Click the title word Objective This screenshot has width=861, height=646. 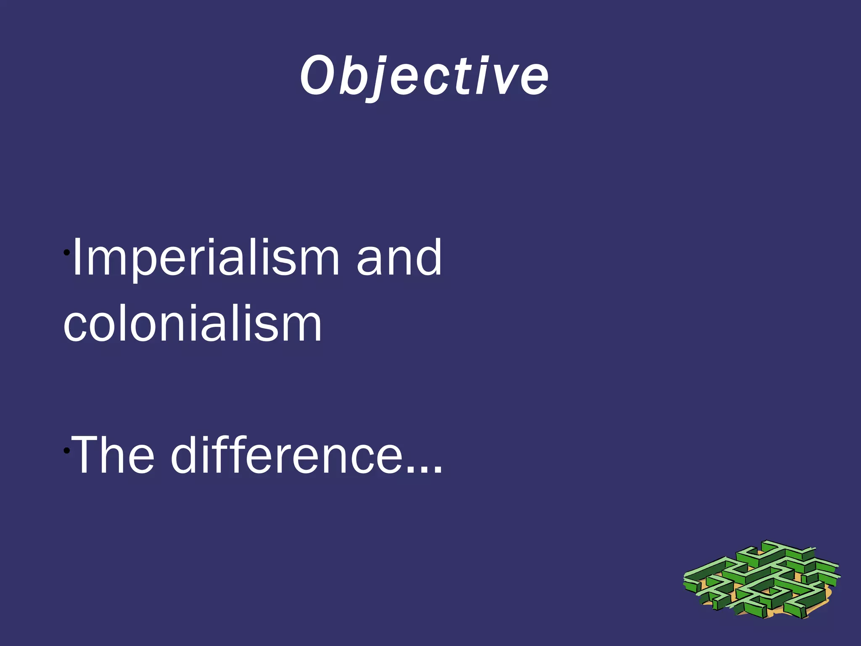424,76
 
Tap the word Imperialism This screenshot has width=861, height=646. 206,257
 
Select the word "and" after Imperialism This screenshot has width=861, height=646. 399,257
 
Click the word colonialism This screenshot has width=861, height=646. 193,324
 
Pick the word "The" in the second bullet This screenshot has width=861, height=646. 113,455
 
